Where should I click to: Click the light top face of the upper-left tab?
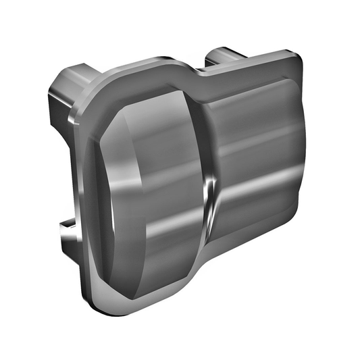tap(74, 70)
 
